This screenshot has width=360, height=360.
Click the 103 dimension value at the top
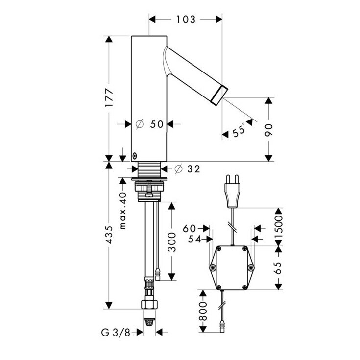[x=186, y=19]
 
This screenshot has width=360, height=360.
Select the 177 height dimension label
[x=109, y=97]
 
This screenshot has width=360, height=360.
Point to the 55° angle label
[x=239, y=130]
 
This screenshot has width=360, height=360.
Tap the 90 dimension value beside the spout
[x=268, y=130]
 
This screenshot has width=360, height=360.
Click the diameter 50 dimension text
[x=149, y=124]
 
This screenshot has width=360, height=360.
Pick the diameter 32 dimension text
[x=187, y=169]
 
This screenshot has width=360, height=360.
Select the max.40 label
[x=123, y=211]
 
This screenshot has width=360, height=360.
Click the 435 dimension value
[x=109, y=235]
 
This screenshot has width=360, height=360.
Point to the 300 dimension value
[x=171, y=242]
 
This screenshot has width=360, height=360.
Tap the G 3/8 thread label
[x=116, y=332]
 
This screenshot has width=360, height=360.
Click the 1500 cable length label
[x=278, y=227]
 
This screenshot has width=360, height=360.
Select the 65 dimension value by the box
[x=278, y=268]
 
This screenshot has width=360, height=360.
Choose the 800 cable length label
[x=203, y=312]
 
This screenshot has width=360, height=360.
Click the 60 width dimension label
[x=190, y=228]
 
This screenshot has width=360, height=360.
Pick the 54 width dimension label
[x=194, y=239]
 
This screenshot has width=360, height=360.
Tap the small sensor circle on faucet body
[x=135, y=156]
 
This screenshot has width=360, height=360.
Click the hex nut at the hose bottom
[x=149, y=304]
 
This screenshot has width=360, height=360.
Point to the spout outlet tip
[x=219, y=95]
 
